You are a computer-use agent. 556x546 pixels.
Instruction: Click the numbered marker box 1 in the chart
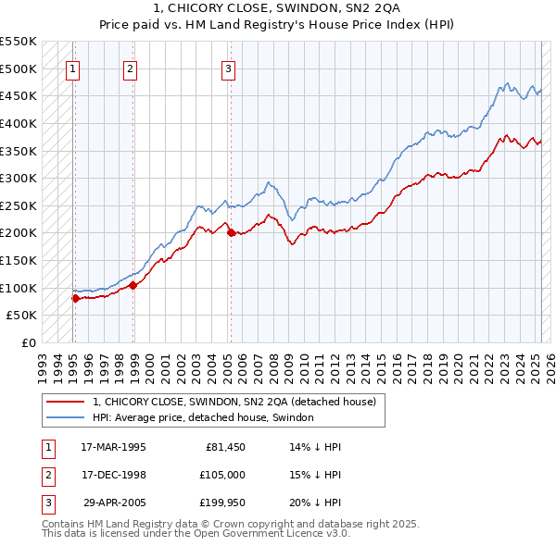[x=72, y=68]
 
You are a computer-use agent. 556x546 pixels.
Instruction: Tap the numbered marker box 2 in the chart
[x=131, y=68]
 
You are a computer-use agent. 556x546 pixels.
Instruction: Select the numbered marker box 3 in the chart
[x=228, y=68]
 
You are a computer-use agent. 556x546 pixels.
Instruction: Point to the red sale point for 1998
[x=133, y=285]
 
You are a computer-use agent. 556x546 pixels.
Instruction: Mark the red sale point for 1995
[x=75, y=298]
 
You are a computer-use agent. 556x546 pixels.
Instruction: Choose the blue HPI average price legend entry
[x=203, y=418]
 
